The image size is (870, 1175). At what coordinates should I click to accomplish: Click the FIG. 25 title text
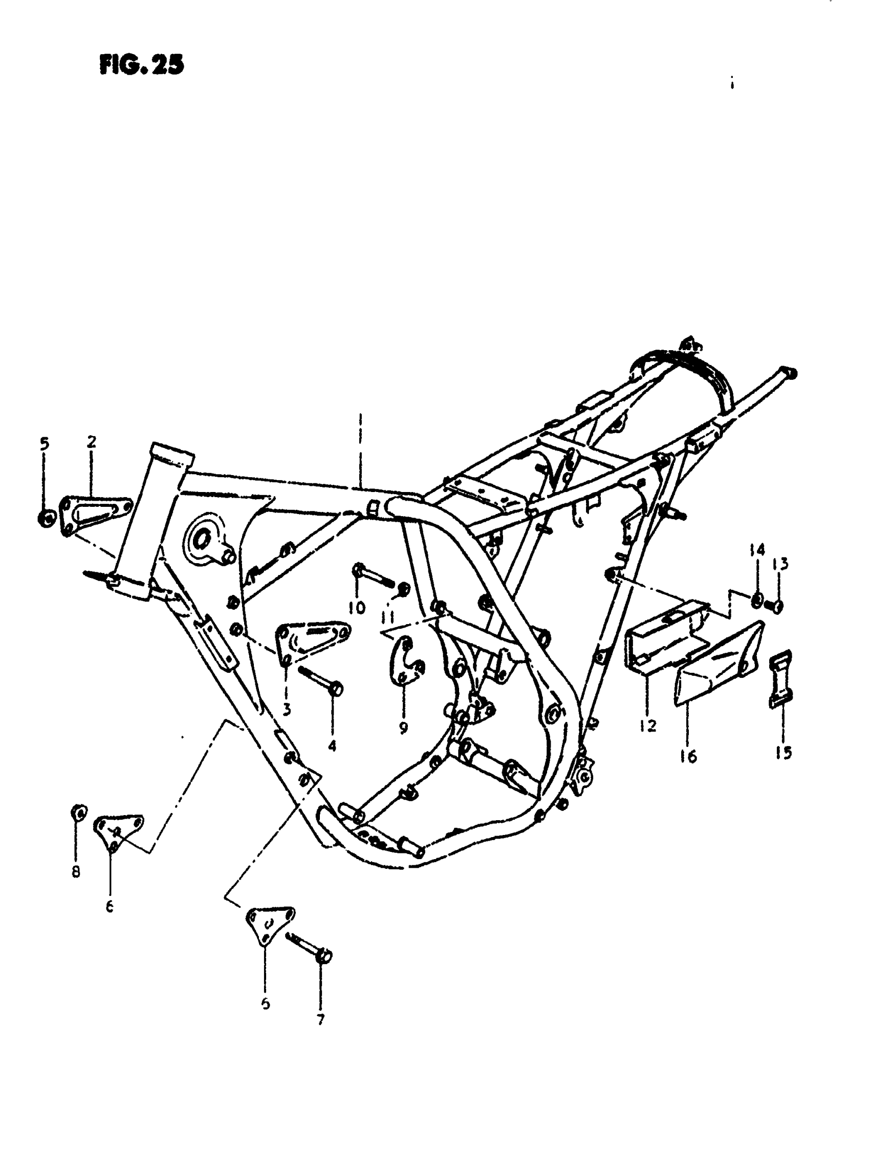click(142, 66)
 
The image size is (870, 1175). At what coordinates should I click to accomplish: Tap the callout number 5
click(44, 444)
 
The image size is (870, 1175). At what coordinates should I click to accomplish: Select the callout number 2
click(92, 441)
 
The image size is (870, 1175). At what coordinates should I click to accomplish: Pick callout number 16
click(688, 757)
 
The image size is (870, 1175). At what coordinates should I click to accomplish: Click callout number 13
click(780, 565)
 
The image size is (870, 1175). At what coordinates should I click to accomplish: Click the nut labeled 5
click(45, 518)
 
